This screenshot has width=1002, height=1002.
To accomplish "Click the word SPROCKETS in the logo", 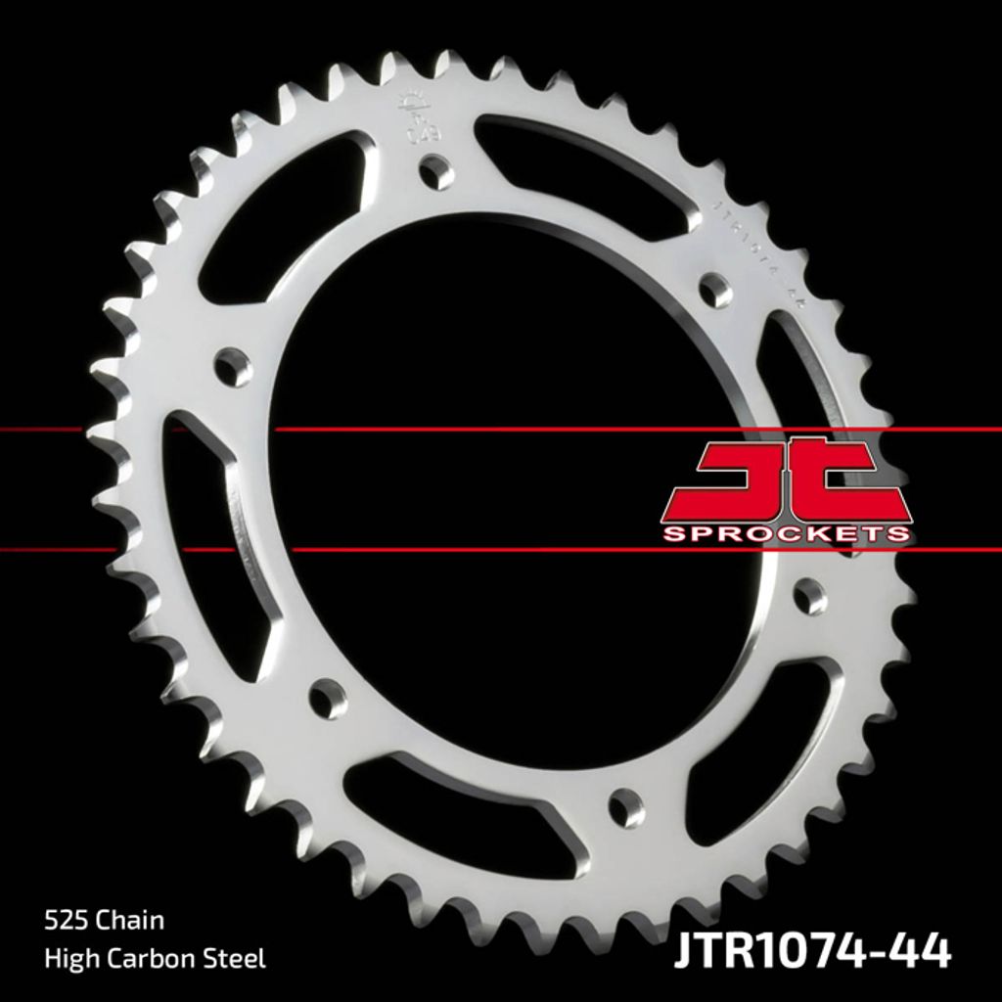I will coord(787,533).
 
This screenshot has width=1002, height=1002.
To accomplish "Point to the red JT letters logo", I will coord(787,480).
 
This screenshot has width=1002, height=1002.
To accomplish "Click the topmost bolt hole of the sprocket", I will coord(436,172).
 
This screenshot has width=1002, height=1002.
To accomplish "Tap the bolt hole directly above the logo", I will coord(714,290).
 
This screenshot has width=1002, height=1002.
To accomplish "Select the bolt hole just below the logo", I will coord(809,596).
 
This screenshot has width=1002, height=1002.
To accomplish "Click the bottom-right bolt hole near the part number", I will coord(626,808).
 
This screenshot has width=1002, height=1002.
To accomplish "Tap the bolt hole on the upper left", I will coord(233,367).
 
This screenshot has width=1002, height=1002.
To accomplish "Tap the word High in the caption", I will coord(66,958).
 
